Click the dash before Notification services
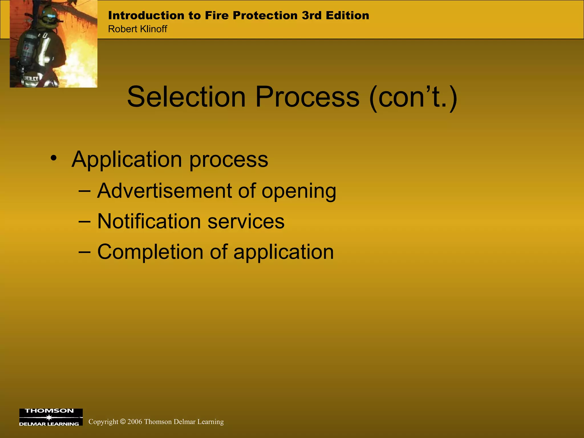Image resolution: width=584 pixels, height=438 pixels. pos(84,221)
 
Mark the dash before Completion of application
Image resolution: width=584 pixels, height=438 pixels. pos(84,252)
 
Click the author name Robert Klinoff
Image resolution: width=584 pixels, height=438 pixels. pos(137,29)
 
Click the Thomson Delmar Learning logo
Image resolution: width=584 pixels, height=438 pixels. pos(51,417)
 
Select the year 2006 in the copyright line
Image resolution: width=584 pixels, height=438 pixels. pos(135,422)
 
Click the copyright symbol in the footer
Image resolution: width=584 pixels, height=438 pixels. pos(123,422)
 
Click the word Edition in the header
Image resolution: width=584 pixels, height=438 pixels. pos(347,15)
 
